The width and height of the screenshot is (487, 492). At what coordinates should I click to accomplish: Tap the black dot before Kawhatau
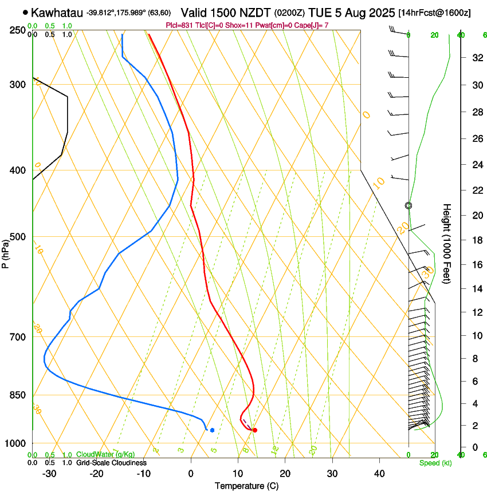click(25, 12)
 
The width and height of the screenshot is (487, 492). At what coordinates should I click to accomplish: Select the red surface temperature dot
click(255, 430)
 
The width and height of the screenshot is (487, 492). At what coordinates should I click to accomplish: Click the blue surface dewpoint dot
click(212, 430)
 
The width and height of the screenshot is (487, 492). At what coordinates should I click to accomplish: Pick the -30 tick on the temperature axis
click(49, 474)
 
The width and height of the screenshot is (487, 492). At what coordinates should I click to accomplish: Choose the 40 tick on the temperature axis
click(379, 474)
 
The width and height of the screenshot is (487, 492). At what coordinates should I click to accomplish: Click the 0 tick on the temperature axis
click(191, 474)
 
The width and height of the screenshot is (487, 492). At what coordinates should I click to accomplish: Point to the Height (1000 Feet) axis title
click(447, 243)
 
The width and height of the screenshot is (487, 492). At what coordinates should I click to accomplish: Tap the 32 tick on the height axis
click(461, 58)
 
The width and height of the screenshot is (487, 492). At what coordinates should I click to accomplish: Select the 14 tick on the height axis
click(461, 289)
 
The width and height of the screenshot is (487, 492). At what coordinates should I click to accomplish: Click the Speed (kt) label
click(435, 463)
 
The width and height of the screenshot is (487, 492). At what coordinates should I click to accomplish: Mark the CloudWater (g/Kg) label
click(105, 454)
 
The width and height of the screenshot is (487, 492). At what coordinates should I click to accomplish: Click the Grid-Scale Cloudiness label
click(111, 462)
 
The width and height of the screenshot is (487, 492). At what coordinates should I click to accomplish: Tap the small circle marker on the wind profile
click(409, 205)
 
